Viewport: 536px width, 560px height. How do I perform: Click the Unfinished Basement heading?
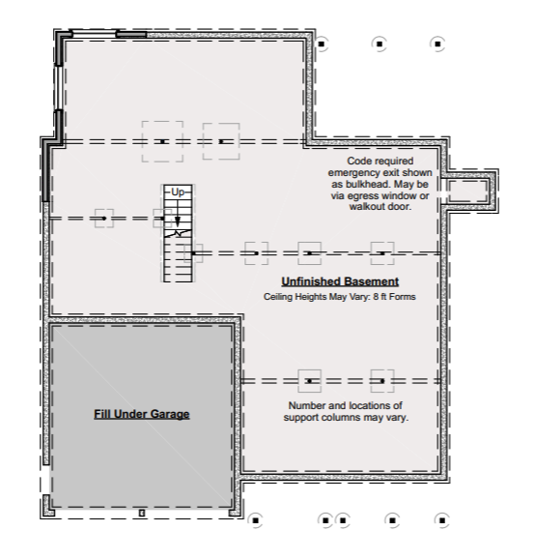(340, 281)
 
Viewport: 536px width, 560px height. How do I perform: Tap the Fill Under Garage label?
(142, 414)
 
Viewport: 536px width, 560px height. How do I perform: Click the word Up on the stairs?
(178, 192)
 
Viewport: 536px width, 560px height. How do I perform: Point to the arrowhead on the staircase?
(178, 221)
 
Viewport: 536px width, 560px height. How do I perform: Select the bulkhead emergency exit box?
(470, 192)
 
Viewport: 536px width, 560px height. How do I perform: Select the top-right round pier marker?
(437, 44)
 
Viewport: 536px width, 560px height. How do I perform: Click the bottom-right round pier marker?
(442, 520)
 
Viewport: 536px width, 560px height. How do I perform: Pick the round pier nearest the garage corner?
(255, 520)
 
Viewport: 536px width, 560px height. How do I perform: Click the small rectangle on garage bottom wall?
(142, 514)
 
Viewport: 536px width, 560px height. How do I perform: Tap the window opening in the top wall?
(95, 34)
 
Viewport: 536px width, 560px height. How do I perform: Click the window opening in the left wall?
(59, 88)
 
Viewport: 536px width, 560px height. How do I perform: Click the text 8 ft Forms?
(394, 297)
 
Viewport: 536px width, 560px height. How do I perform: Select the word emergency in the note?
(354, 173)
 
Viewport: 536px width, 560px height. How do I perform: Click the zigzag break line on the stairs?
(178, 233)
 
